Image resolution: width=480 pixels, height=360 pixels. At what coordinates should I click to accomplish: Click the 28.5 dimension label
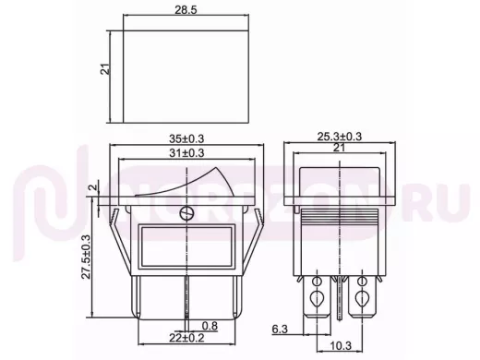point(186,10)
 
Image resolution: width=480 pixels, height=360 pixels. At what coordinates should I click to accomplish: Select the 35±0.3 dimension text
point(186,138)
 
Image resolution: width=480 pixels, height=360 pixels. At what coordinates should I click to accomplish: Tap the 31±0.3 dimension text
point(186,153)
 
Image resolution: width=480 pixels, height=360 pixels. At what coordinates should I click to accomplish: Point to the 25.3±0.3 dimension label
point(340,137)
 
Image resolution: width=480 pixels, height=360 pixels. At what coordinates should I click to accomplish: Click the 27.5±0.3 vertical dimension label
point(86,257)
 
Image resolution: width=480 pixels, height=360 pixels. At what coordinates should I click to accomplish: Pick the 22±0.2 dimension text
point(186,338)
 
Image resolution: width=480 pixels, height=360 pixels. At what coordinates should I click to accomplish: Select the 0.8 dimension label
point(210,326)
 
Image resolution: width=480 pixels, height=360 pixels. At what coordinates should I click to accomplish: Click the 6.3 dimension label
point(280,330)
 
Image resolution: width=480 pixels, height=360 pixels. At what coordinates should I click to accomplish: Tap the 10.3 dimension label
point(341,346)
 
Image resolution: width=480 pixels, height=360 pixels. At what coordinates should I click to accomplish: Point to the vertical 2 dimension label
point(94,186)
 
